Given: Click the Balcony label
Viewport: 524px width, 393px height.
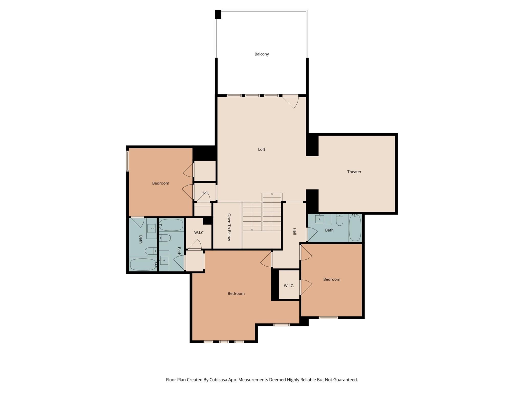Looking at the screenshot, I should tap(261, 54).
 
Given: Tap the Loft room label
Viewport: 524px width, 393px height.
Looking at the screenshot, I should tap(261, 149).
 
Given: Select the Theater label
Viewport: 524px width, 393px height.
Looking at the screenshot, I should tap(354, 172).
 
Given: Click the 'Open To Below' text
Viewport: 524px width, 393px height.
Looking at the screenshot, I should tap(229, 227).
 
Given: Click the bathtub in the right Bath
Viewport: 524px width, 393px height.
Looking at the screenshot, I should tap(355, 228).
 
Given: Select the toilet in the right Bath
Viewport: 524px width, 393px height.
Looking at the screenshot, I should tap(340, 220).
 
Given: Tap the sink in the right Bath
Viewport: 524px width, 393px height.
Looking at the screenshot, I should tap(320, 219).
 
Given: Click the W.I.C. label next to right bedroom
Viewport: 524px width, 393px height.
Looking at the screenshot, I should tap(289, 286).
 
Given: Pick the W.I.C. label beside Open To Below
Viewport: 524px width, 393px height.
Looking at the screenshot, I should tap(199, 233).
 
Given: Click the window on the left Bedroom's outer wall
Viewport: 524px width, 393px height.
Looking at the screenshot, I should tap(127, 161).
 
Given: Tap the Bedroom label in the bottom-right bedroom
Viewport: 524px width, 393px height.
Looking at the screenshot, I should tap(332, 279).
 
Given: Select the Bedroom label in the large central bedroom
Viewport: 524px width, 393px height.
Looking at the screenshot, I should tap(236, 293).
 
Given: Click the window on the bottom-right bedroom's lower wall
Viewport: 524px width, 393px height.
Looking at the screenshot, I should tap(328, 318).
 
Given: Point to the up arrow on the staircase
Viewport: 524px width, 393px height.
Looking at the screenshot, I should tap(272, 194).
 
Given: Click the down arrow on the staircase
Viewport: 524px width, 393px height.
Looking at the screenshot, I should tap(252, 230).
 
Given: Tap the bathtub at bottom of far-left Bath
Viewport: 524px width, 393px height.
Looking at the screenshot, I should tap(143, 265).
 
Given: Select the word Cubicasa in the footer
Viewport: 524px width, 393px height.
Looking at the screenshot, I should tap(219, 380).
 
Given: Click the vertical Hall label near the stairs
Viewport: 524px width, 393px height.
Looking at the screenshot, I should tap(294, 231).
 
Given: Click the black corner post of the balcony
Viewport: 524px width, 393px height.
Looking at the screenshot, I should tap(218, 14).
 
